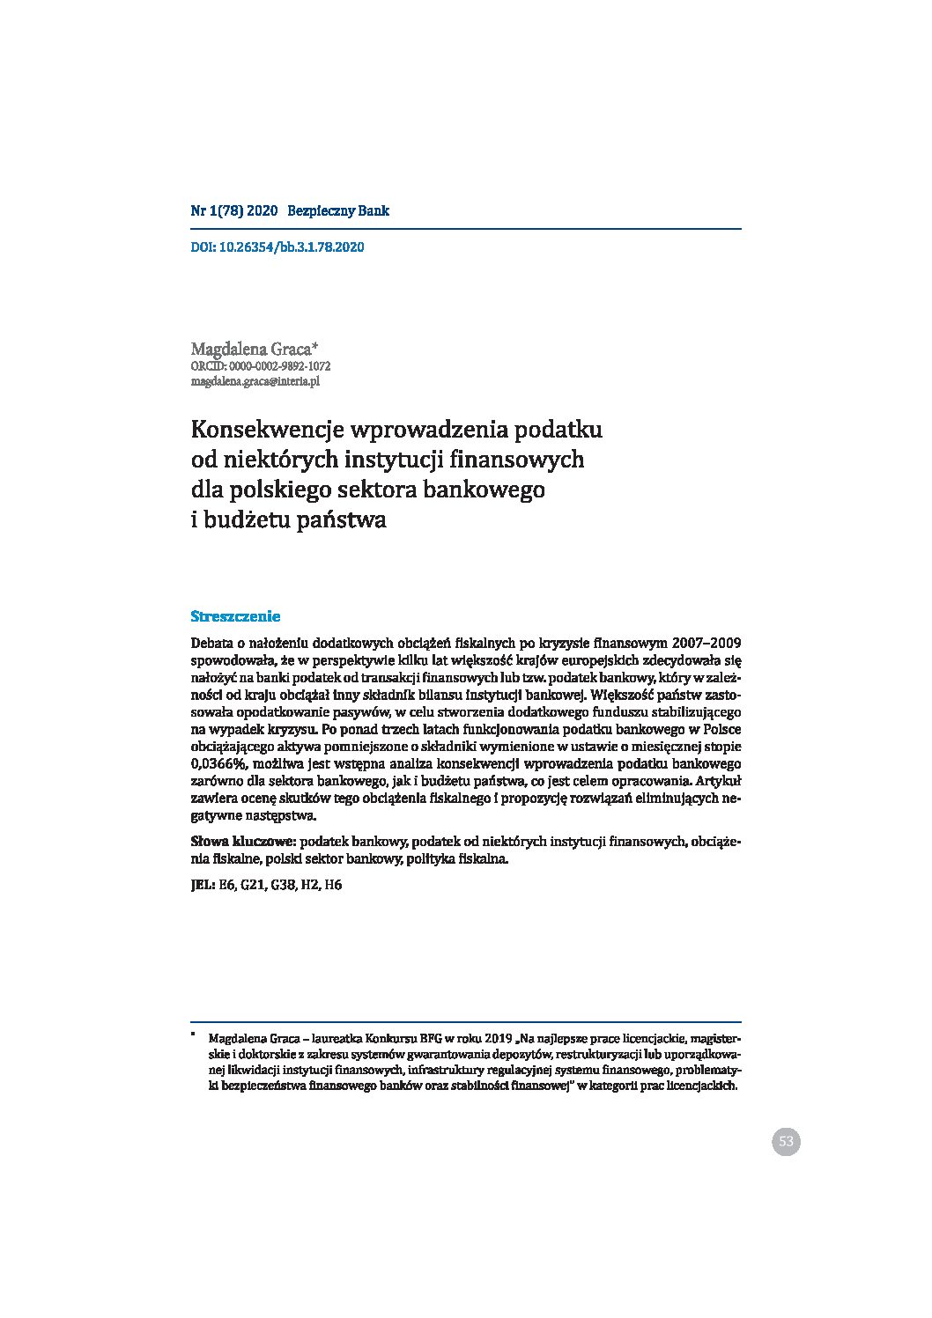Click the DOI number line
[x=277, y=247]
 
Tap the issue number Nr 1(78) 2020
[x=234, y=211]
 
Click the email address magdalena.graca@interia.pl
[x=255, y=381]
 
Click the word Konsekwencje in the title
[x=267, y=431]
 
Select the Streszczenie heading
[x=235, y=616]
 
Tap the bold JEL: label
[x=203, y=886]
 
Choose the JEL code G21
[x=252, y=886]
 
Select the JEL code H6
[x=333, y=886]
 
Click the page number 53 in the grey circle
[x=786, y=1142]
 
